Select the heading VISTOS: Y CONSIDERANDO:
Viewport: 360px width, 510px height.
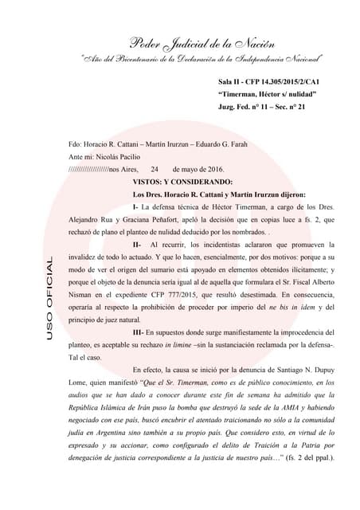(182, 182)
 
